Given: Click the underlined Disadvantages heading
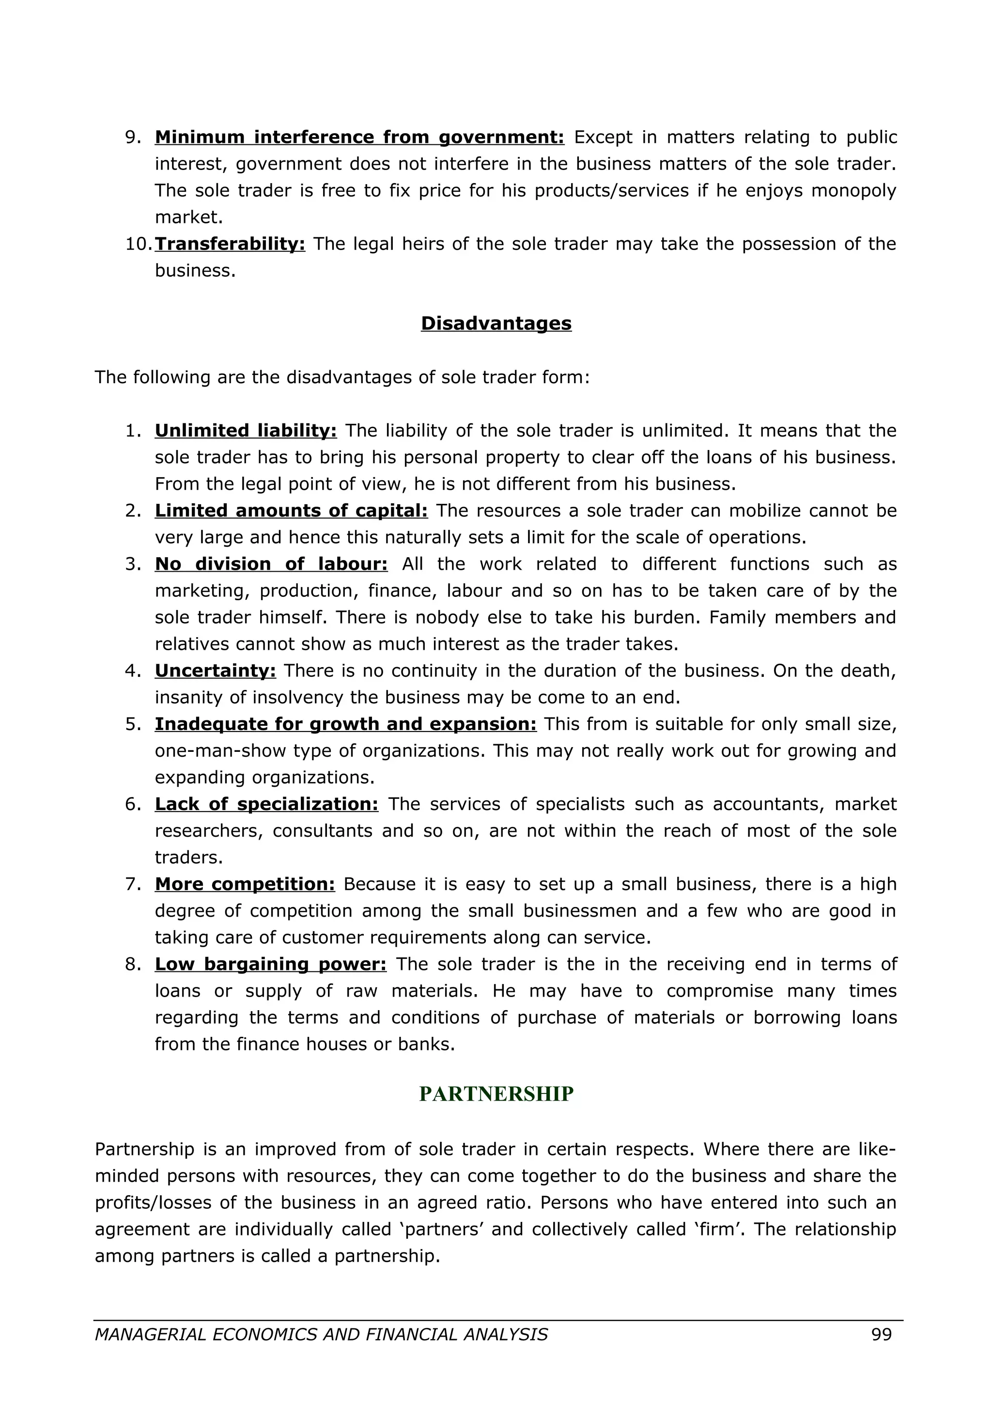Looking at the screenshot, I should pyautogui.click(x=496, y=324).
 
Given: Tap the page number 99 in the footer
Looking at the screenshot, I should pyautogui.click(x=882, y=1334).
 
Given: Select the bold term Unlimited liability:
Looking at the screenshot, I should pyautogui.click(x=246, y=431).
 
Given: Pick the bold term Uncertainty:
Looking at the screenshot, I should pyautogui.click(x=215, y=671).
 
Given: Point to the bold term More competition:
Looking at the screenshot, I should pyautogui.click(x=245, y=884).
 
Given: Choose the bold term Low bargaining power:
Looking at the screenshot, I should pyautogui.click(x=270, y=964).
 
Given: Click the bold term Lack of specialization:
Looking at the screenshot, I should pyautogui.click(x=266, y=804).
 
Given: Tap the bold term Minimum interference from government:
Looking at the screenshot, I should pyautogui.click(x=359, y=137).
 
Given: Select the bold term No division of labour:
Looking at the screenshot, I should pyautogui.click(x=271, y=564).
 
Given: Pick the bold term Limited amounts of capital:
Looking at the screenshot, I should pyautogui.click(x=291, y=511).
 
